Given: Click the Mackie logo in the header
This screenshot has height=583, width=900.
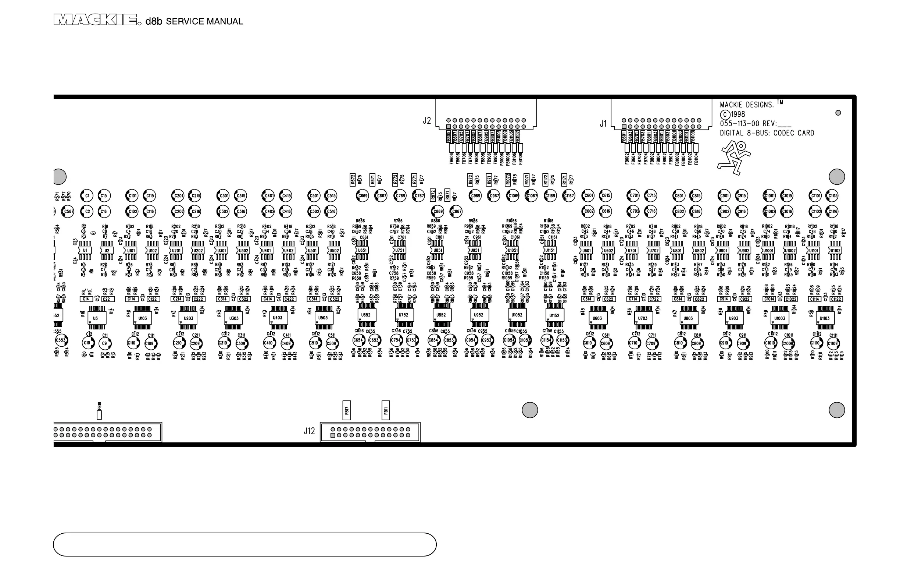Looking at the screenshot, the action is click(x=95, y=20).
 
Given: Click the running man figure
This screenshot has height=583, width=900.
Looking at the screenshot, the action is click(x=734, y=158).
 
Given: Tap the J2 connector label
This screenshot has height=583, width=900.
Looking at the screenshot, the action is click(x=426, y=121).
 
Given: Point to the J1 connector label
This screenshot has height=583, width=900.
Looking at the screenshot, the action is click(x=603, y=124).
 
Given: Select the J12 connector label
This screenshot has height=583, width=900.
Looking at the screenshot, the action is click(x=309, y=431).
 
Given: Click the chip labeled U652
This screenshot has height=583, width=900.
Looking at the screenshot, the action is click(x=366, y=315).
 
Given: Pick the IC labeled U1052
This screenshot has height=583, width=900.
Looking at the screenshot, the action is click(x=517, y=315).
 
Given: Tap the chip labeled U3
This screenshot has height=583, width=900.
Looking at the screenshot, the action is click(x=96, y=318).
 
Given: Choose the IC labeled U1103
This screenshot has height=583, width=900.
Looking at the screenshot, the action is click(x=824, y=318).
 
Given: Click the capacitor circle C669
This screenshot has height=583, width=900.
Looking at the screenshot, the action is click(x=362, y=196).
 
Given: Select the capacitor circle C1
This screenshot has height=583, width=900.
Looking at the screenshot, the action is click(x=87, y=196).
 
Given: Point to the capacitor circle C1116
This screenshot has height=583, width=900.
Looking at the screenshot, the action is click(x=832, y=211).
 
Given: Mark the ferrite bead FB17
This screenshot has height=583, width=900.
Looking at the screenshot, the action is click(x=346, y=410).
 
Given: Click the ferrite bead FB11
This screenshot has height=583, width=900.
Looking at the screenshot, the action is click(x=386, y=410).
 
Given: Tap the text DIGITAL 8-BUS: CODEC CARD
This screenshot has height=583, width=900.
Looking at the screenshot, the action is click(x=767, y=133).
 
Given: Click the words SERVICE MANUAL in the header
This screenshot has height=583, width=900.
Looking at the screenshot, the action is click(x=204, y=22).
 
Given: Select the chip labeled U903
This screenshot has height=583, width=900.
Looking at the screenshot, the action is click(x=733, y=318).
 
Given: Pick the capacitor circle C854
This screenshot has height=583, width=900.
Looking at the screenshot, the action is click(x=433, y=340).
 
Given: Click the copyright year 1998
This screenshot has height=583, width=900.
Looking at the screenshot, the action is click(x=737, y=114).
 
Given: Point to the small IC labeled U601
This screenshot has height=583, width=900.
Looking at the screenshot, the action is click(x=586, y=251).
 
